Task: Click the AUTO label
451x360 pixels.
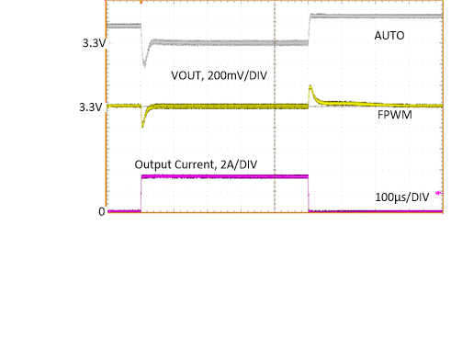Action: pyautogui.click(x=389, y=36)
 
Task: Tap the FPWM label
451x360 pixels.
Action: pyautogui.click(x=393, y=118)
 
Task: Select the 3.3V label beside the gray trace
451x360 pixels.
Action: pyautogui.click(x=93, y=43)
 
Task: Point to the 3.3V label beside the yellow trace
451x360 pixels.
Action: pyautogui.click(x=93, y=107)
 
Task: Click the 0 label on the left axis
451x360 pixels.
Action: pyautogui.click(x=102, y=212)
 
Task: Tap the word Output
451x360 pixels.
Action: pyautogui.click(x=153, y=164)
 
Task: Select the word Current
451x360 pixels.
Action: pyautogui.click(x=195, y=164)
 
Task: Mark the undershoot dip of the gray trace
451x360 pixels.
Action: pyautogui.click(x=144, y=62)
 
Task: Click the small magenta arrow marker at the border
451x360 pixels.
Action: pyautogui.click(x=439, y=193)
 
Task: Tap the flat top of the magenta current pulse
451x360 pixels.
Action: pyautogui.click(x=225, y=176)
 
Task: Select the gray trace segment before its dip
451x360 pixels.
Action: pyautogui.click(x=124, y=26)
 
